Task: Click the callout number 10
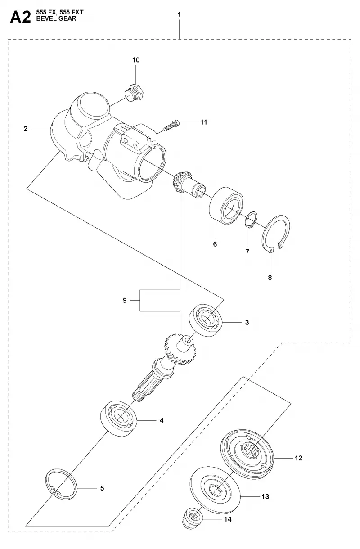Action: coord(136,60)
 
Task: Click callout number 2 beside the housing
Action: coord(26,128)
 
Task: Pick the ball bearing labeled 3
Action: coord(206,320)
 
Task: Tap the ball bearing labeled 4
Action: coord(119,418)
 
